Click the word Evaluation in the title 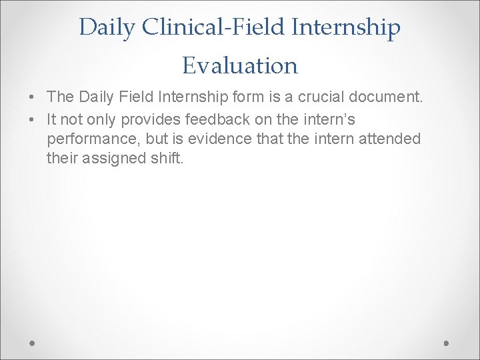point(240,65)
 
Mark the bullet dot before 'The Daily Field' point(33,97)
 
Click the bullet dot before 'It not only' point(33,120)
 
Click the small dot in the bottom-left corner point(33,343)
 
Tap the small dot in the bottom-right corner point(447,343)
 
